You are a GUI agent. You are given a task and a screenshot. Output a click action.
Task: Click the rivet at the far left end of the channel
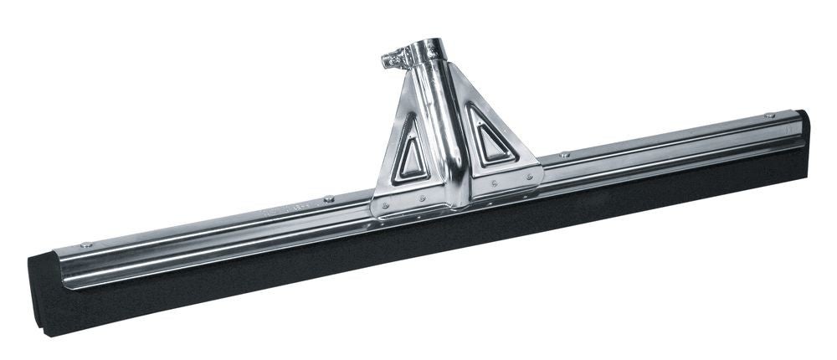86,245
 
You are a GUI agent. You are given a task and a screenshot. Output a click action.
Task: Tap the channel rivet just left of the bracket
329,198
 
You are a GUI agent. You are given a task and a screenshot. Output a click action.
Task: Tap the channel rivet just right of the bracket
565,155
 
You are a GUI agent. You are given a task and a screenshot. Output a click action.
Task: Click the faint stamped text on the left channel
285,212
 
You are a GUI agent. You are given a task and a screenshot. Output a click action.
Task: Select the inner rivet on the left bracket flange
422,198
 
